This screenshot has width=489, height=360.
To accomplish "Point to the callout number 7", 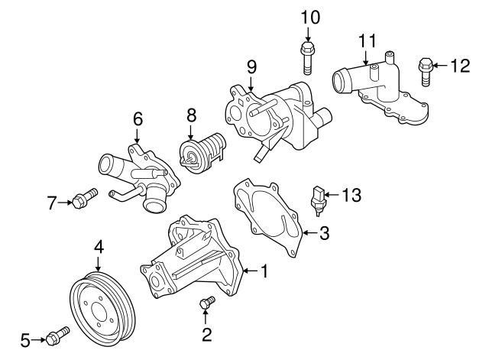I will coord(51,203).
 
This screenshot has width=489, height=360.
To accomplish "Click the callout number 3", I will coord(324,233).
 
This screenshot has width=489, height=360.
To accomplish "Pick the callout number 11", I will coord(368,39).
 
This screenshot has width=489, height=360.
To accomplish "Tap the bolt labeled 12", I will coord(425,72).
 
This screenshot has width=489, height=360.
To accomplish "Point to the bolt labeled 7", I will coord(84,198).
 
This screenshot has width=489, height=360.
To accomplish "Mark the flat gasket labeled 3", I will coord(271,218).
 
